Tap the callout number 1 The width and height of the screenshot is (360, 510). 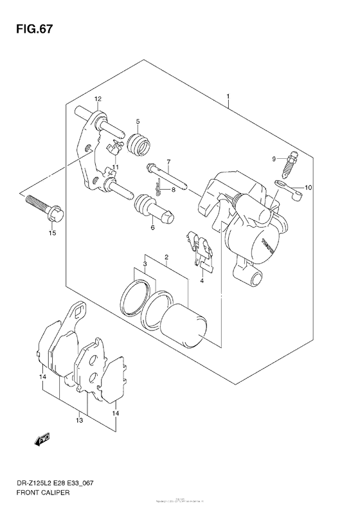(228, 97)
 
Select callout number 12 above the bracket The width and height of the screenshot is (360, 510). (98, 99)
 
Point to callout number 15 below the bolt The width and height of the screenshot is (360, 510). (52, 233)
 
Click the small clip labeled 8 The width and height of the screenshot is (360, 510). (157, 190)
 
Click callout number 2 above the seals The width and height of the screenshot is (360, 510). (167, 258)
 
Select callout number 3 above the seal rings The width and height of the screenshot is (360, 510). (145, 264)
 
